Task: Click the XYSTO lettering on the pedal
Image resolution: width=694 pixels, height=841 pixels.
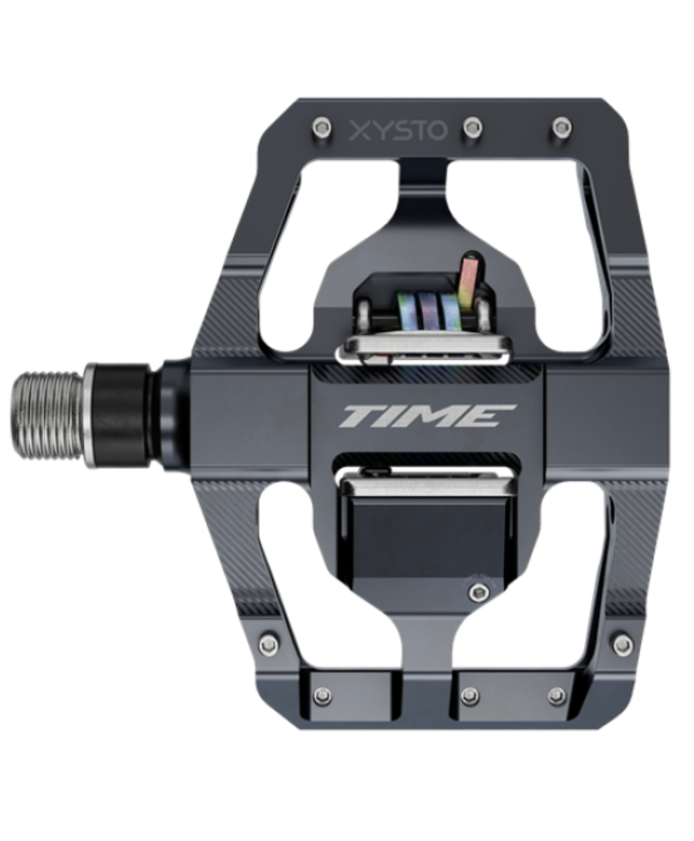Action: click(x=397, y=131)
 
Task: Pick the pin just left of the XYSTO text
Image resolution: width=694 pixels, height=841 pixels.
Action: click(x=322, y=127)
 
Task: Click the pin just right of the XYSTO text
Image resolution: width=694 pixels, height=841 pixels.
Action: click(x=473, y=128)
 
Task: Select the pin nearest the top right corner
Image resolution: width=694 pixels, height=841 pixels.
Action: click(x=562, y=127)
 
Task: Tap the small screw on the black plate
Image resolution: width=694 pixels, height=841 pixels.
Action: click(x=477, y=592)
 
